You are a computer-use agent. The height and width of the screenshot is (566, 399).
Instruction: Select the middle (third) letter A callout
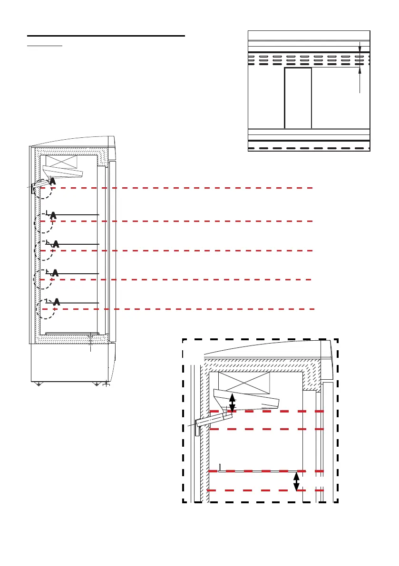pyautogui.click(x=56, y=244)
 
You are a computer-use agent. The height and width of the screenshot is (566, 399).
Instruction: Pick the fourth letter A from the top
pyautogui.click(x=55, y=273)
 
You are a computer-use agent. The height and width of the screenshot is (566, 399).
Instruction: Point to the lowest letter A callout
pyautogui.click(x=57, y=301)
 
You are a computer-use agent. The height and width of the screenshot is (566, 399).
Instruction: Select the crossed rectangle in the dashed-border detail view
pyautogui.click(x=243, y=383)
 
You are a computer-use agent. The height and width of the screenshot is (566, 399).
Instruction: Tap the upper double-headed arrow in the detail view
pyautogui.click(x=233, y=403)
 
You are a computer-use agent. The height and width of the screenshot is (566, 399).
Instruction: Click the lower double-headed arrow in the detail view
pyautogui.click(x=297, y=481)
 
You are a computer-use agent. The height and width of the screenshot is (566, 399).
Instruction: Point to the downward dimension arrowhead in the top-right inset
pyautogui.click(x=360, y=47)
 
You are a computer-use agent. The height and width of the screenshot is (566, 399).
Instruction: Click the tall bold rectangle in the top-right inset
pyautogui.click(x=298, y=98)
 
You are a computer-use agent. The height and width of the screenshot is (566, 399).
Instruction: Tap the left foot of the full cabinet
pyautogui.click(x=39, y=384)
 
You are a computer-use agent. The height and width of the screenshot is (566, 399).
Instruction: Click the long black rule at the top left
pyautogui.click(x=106, y=36)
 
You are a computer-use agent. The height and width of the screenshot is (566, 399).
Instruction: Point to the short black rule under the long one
pyautogui.click(x=45, y=47)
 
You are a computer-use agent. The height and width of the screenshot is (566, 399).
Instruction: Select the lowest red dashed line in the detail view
pyautogui.click(x=266, y=490)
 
